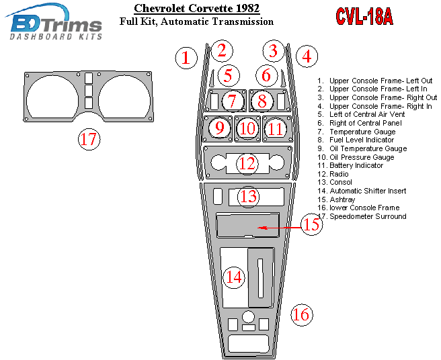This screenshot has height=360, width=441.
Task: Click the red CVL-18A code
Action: [365, 16]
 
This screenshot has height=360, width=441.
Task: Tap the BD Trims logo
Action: [56, 24]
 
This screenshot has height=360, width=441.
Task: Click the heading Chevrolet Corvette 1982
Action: [197, 9]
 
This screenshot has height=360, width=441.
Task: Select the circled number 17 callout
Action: [89, 139]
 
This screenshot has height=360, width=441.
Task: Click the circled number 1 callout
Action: [186, 58]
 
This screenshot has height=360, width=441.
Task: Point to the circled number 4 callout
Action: [307, 56]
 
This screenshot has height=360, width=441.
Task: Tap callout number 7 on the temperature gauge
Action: [232, 101]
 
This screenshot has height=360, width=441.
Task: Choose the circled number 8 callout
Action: [262, 101]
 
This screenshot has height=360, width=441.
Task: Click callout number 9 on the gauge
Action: [219, 128]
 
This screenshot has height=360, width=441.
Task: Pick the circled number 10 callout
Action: [248, 128]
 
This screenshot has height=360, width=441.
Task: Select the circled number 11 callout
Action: [276, 128]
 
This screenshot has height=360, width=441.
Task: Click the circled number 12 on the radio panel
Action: [248, 163]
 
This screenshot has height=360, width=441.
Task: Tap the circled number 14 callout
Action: [233, 276]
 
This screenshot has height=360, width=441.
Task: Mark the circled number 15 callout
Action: [311, 224]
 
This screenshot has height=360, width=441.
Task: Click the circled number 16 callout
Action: [301, 314]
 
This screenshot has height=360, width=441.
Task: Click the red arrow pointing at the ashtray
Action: [276, 228]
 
